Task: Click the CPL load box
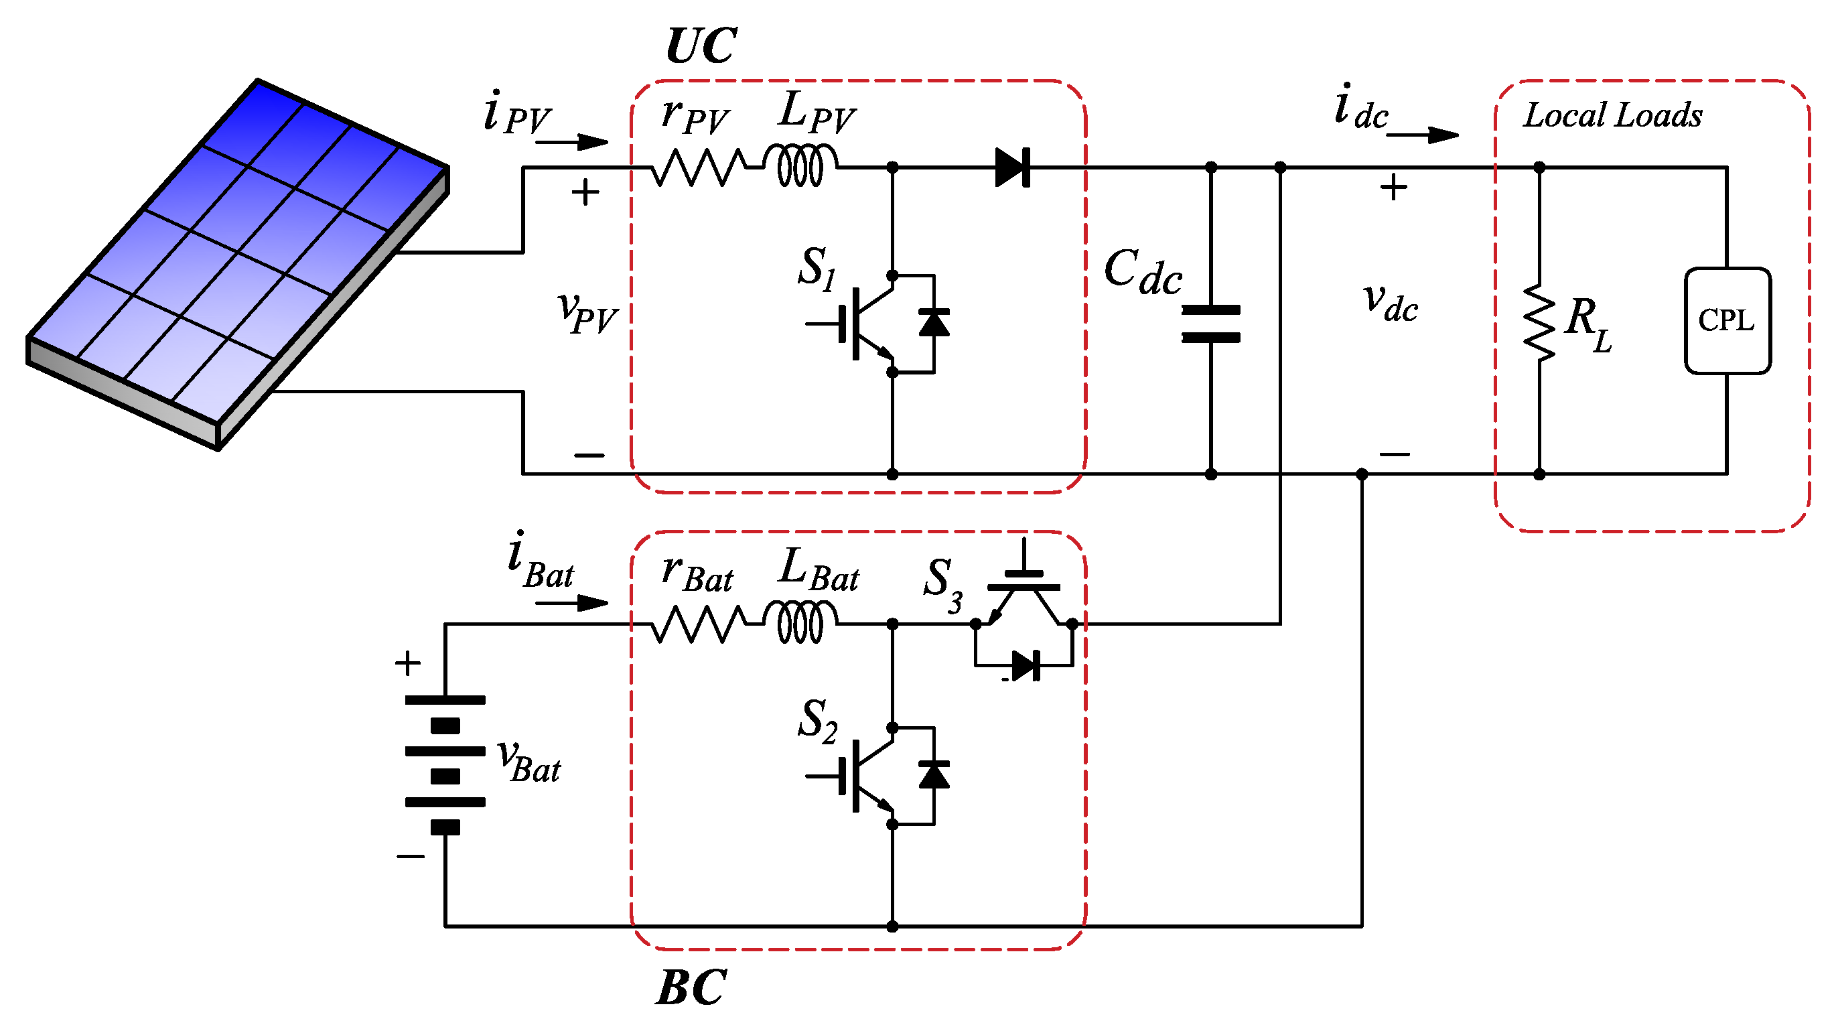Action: click(x=1727, y=321)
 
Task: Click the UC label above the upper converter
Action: click(x=701, y=46)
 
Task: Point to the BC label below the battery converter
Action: click(x=691, y=988)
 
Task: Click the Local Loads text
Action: click(x=1612, y=115)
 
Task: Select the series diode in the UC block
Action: click(x=1012, y=167)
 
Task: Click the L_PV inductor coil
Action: click(x=800, y=166)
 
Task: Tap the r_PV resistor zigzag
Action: click(x=699, y=167)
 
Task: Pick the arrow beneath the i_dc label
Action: click(x=1422, y=135)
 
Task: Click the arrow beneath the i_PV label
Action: click(x=571, y=142)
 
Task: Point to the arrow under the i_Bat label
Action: click(x=571, y=603)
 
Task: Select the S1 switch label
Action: click(x=816, y=269)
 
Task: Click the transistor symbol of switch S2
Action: click(x=866, y=776)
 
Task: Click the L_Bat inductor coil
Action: click(x=800, y=623)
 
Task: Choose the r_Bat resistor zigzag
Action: click(x=699, y=624)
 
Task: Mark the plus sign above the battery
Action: click(x=408, y=664)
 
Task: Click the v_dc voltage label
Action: click(x=1390, y=303)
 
